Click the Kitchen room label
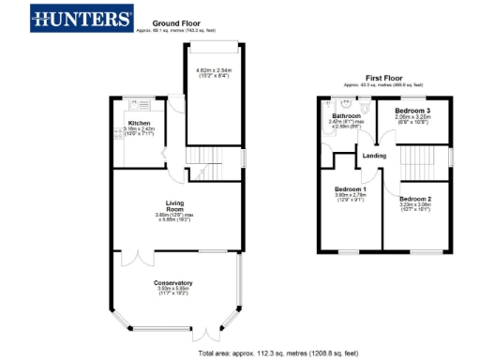pyautogui.click(x=139, y=122)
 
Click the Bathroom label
pyautogui.click(x=347, y=116)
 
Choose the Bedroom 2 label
pyautogui.click(x=414, y=199)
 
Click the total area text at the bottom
pyautogui.click(x=264, y=353)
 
